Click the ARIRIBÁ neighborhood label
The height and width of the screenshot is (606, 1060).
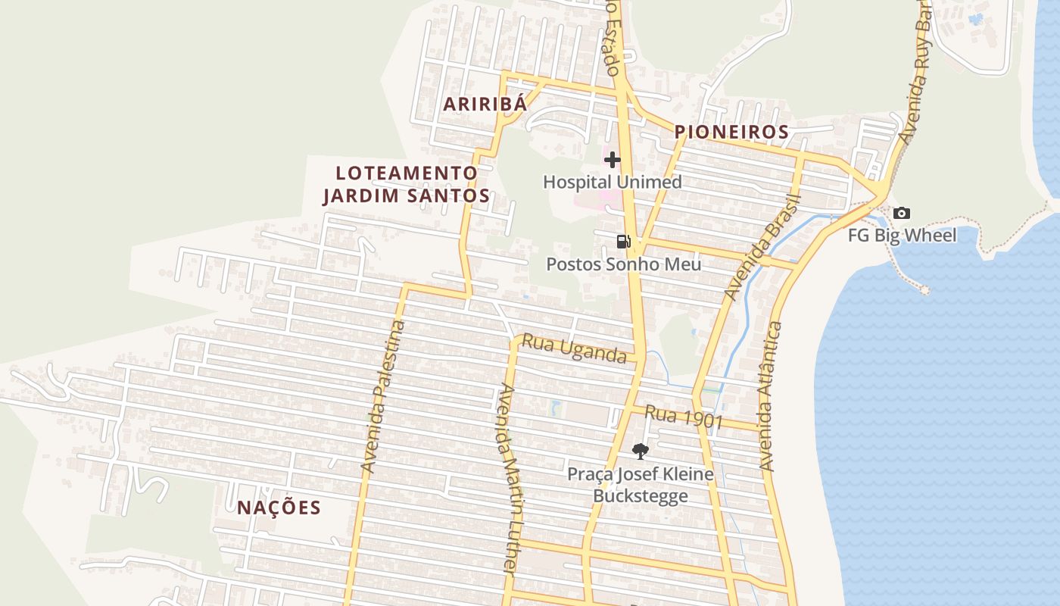(x=485, y=105)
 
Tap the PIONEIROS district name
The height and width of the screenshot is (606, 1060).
(x=731, y=132)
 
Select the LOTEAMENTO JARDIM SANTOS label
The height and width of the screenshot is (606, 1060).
(x=407, y=184)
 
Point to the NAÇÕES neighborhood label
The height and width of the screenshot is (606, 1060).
(x=279, y=508)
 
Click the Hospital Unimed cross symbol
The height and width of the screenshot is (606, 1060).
(x=612, y=160)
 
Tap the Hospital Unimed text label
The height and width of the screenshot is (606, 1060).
(x=612, y=182)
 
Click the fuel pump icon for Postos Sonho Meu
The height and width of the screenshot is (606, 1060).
(x=623, y=242)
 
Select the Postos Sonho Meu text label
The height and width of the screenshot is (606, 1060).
(x=623, y=264)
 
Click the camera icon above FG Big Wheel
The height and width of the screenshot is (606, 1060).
(x=901, y=213)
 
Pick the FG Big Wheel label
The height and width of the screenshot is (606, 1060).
(x=901, y=235)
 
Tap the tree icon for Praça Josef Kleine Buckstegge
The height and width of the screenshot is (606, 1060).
(x=640, y=451)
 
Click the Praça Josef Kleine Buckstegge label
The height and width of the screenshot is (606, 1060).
(x=641, y=485)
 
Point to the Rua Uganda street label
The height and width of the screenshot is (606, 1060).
(x=573, y=349)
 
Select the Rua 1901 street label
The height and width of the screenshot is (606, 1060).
(x=684, y=417)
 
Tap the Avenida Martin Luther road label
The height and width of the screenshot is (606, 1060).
(x=510, y=479)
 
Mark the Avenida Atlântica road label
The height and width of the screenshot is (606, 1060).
(x=771, y=395)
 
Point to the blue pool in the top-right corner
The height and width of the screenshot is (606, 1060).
(x=976, y=18)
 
